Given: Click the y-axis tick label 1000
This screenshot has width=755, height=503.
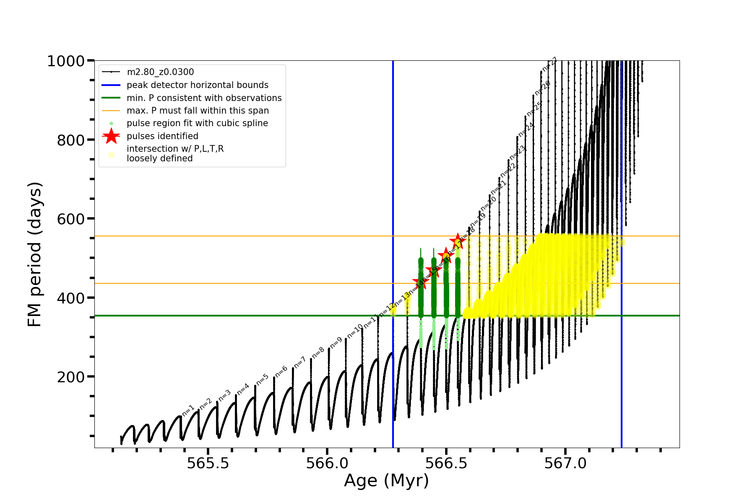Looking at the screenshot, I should click(66, 61).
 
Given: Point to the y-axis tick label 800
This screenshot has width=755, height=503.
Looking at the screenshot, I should click(71, 140).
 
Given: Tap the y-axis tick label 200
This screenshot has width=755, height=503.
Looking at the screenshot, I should click(71, 377).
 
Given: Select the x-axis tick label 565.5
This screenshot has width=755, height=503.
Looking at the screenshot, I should click(208, 464).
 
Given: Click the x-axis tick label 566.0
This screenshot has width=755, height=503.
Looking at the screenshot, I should click(327, 464).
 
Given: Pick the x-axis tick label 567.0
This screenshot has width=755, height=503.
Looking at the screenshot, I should click(565, 464).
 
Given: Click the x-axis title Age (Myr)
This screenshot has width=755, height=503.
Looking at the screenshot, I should click(386, 481).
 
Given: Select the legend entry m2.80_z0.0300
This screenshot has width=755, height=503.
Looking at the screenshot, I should click(160, 72).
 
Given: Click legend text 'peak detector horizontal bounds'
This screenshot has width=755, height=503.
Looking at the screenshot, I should click(198, 85).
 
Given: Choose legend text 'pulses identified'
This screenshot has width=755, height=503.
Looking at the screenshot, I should click(162, 136).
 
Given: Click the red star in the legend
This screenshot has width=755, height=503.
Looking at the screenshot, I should click(111, 136).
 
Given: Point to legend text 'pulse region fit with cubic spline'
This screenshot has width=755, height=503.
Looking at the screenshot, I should click(197, 123).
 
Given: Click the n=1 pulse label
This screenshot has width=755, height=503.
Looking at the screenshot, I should click(188, 411).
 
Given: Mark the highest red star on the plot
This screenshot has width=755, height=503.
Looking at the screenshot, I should click(458, 241).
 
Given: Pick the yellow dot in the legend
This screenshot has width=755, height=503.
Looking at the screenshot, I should click(111, 155).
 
